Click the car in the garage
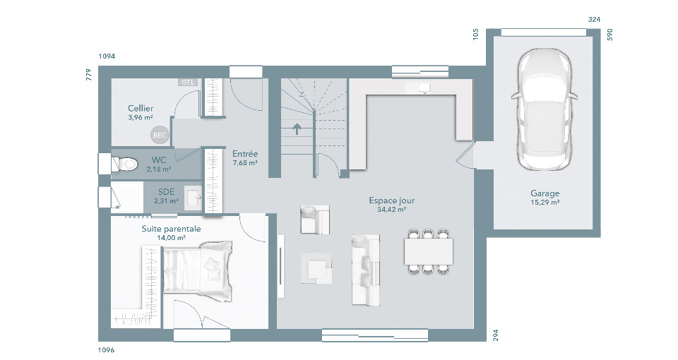[545, 110]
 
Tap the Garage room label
[545, 193]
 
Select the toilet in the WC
[124, 164]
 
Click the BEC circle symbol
[160, 136]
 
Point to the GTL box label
[188, 82]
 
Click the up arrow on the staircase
[297, 128]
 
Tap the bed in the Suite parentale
[197, 271]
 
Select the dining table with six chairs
[429, 251]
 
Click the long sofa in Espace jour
[366, 270]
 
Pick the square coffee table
[316, 268]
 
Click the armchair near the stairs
[315, 220]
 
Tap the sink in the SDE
[194, 198]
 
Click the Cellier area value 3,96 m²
[141, 117]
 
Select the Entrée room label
[245, 153]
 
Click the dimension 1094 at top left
[107, 56]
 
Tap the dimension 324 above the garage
[594, 20]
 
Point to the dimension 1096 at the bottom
[107, 349]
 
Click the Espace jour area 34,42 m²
[392, 210]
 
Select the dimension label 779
[89, 75]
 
